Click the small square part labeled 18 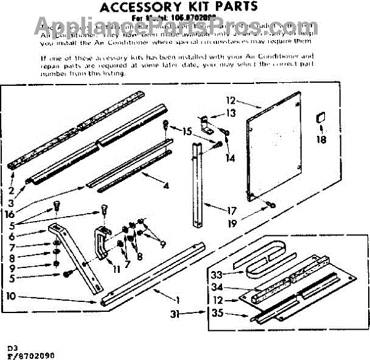pos(320,118)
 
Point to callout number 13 pos(231,112)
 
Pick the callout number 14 pos(231,158)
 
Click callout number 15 pos(187,131)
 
